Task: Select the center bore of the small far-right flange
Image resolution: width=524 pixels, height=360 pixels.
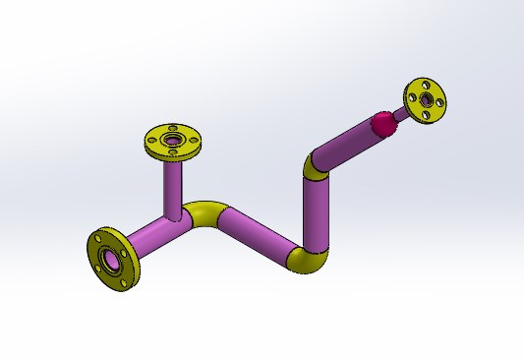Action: click(427, 100)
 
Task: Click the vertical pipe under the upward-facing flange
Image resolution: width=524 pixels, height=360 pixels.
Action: click(174, 187)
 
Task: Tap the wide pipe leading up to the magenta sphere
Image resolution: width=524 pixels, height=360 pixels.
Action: click(345, 145)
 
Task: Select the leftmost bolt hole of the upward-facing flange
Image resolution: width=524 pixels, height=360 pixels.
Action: click(151, 140)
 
